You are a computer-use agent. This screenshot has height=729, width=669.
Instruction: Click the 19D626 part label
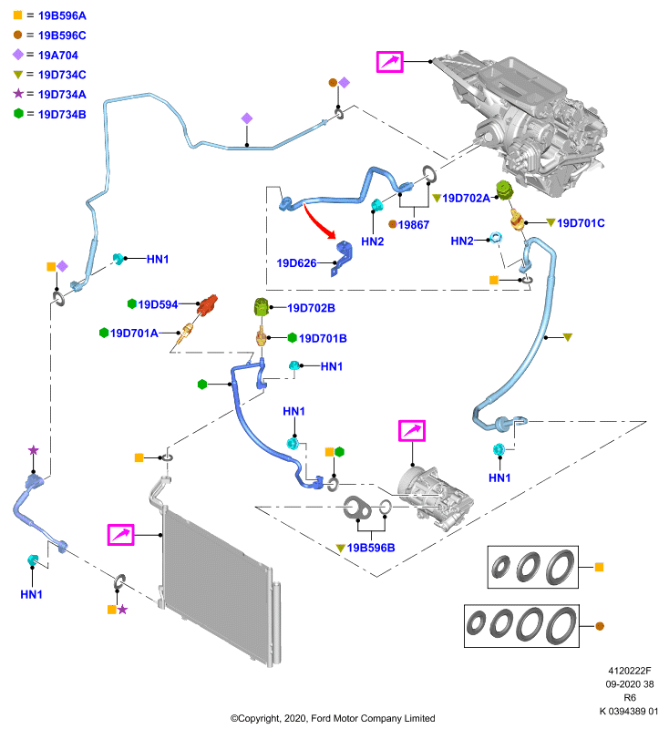pos(296,263)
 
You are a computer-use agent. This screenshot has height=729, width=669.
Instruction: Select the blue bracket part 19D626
pos(343,258)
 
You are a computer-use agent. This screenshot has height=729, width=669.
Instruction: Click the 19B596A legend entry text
pos(62,15)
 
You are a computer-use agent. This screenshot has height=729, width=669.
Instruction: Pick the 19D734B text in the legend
pos(62,115)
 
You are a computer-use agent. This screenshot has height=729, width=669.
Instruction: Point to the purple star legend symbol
pos(18,94)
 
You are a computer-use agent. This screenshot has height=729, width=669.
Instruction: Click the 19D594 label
pos(158,304)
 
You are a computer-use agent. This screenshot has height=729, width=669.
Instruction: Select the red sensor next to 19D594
pos(207,304)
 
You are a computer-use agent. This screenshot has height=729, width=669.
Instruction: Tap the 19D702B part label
pos(311,308)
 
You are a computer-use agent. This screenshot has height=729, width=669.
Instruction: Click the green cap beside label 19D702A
pos(504,190)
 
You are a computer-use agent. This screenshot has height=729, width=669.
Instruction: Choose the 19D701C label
pos(581,223)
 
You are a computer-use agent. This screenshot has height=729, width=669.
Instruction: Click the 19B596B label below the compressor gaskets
pos(371,548)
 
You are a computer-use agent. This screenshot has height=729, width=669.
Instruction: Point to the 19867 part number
pos(413,225)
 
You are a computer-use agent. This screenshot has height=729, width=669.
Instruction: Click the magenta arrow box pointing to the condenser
pos(121,535)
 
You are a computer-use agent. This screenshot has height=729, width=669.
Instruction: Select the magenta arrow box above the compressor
pos(412,430)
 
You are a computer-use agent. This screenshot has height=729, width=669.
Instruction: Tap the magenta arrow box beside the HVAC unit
pos(389,62)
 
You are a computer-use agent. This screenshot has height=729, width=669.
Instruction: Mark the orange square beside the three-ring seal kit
pos(599,567)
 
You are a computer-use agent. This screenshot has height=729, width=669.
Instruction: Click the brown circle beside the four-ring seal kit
pos(600,626)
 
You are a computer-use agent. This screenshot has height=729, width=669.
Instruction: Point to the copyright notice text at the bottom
pos(333,718)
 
